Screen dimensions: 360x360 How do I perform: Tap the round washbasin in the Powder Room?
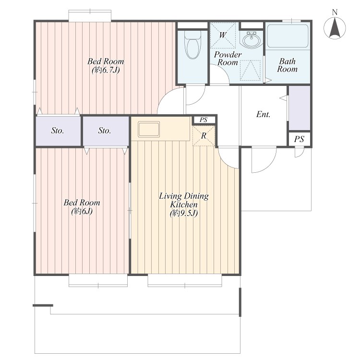click(252, 40)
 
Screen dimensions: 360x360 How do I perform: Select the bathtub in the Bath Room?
click(288, 36)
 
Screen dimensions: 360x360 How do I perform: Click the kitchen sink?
click(149, 130)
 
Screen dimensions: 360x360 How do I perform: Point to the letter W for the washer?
click(222, 35)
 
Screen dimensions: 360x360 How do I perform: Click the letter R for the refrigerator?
click(204, 136)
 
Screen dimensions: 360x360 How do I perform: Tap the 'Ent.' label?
click(264, 114)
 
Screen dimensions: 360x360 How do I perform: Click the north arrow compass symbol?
click(335, 28)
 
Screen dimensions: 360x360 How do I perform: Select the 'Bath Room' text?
click(287, 65)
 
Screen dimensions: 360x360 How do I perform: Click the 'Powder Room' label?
click(228, 58)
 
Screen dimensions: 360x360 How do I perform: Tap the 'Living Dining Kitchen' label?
click(184, 200)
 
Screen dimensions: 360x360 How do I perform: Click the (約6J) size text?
click(82, 211)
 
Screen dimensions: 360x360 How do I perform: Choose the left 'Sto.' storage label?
click(58, 131)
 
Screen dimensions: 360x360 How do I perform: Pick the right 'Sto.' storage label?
click(105, 131)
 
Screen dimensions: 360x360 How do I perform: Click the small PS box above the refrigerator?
click(204, 120)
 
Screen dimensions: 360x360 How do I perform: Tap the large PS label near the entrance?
click(299, 139)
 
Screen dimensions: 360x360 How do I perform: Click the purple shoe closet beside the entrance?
click(300, 108)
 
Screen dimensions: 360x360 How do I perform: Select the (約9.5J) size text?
click(184, 213)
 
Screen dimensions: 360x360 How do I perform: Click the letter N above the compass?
click(335, 12)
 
